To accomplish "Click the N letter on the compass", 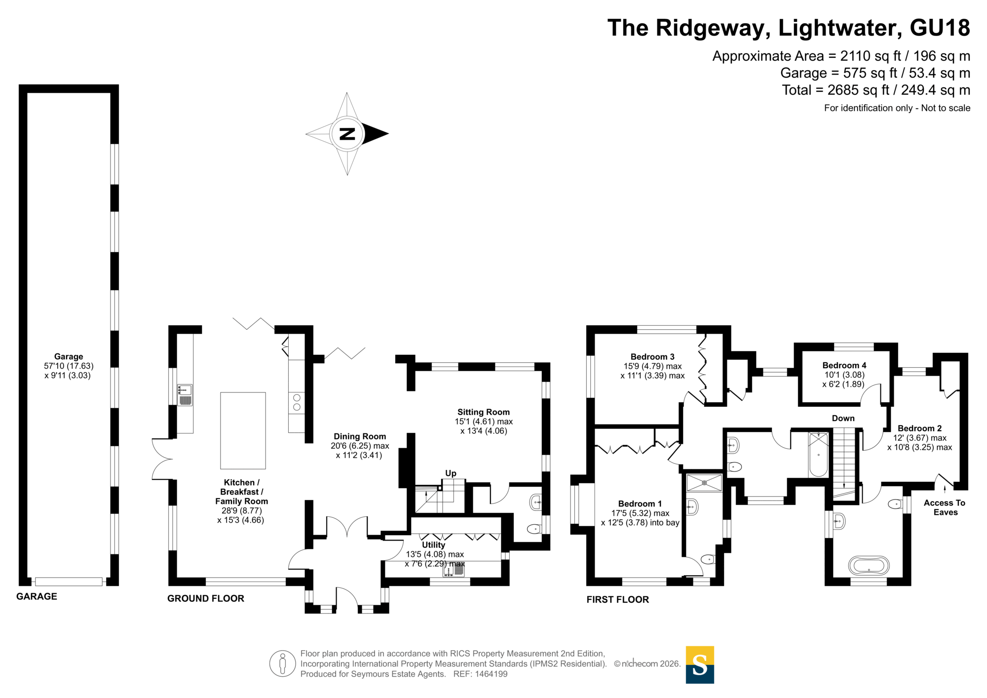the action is click(x=347, y=134).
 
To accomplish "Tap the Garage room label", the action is click(x=69, y=356).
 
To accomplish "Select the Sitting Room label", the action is click(x=483, y=412).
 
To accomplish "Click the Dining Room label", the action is click(x=360, y=436).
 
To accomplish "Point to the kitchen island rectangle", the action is click(x=243, y=430).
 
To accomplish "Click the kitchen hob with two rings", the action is click(x=297, y=402).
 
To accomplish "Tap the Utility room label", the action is click(x=433, y=545).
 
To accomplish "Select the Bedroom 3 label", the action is click(x=652, y=357).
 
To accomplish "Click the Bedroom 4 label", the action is click(x=844, y=366).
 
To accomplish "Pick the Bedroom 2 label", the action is click(x=919, y=428).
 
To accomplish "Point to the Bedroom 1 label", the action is click(x=640, y=504).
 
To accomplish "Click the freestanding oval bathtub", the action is click(x=869, y=566).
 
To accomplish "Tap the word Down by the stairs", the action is click(x=843, y=419).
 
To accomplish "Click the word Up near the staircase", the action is click(x=451, y=473).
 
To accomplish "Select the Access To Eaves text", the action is click(x=945, y=507).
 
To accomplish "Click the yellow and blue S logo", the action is click(x=700, y=665).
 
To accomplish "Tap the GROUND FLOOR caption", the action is click(x=206, y=599).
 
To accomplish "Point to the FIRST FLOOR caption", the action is click(x=617, y=600).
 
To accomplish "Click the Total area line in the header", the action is click(x=876, y=90).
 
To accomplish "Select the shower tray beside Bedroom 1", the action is click(x=704, y=483).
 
